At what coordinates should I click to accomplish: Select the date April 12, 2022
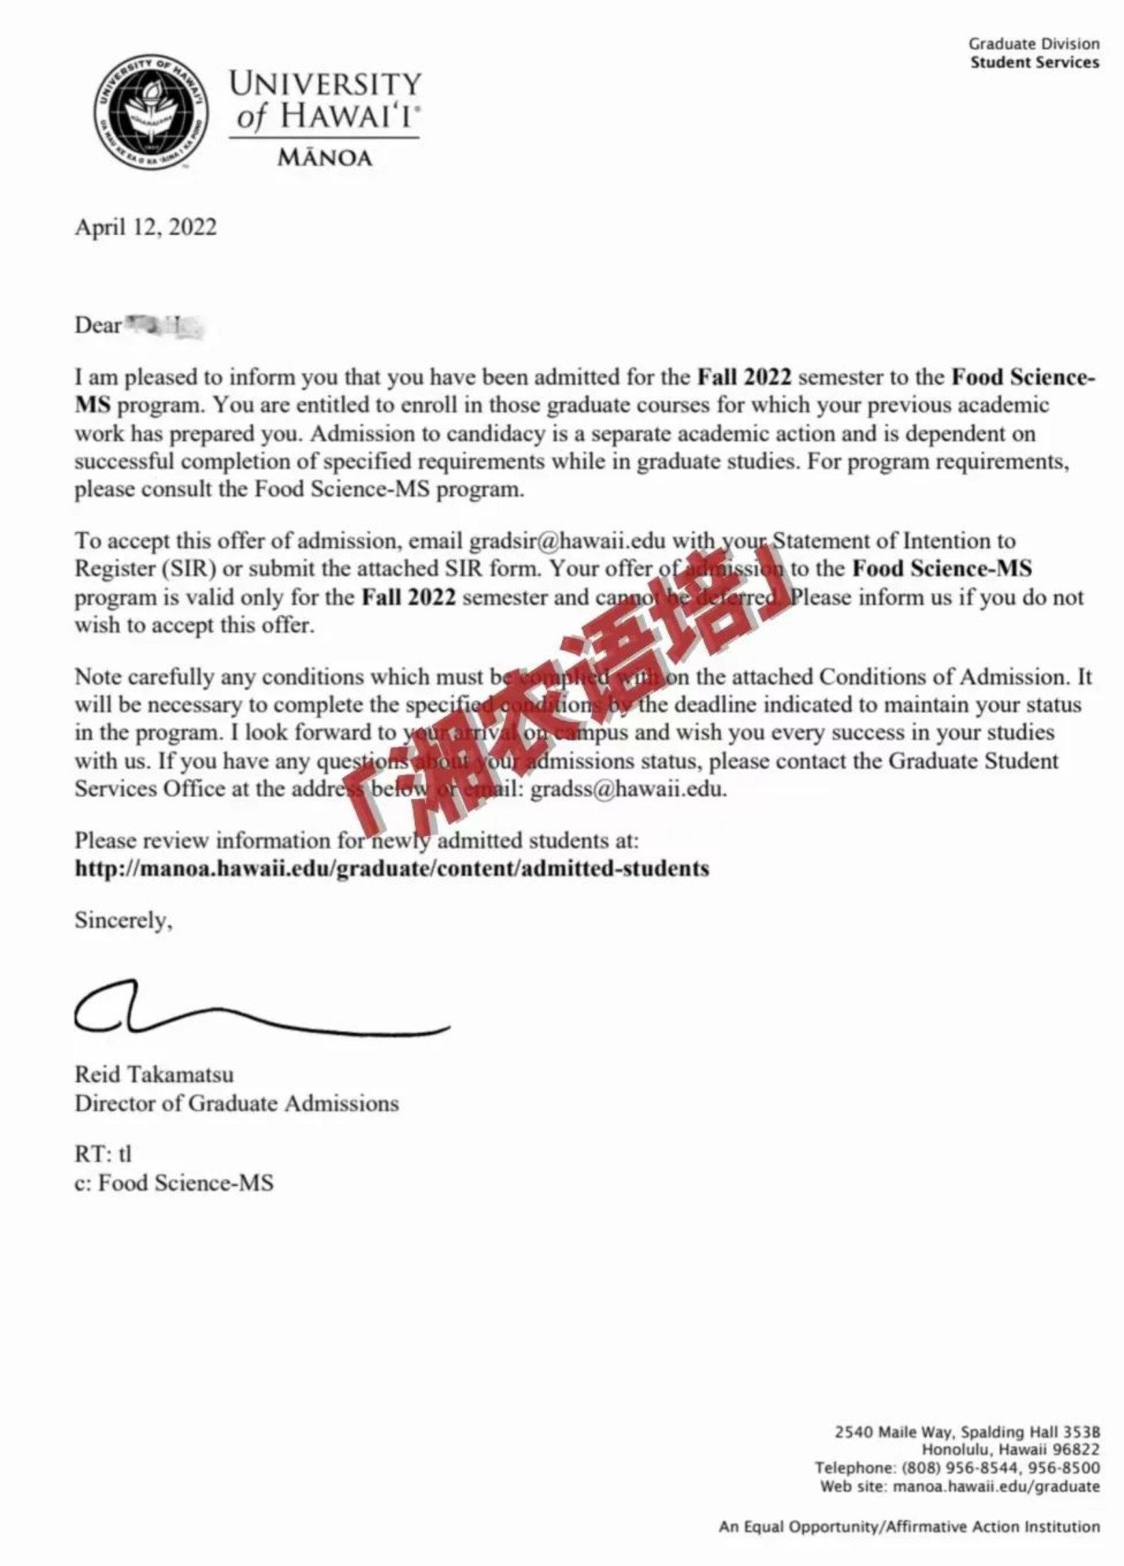click(x=145, y=227)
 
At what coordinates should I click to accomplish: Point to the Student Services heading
click(x=1033, y=63)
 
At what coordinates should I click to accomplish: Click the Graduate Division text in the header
click(x=1033, y=44)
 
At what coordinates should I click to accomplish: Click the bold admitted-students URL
click(x=392, y=868)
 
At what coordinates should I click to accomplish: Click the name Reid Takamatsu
click(x=154, y=1075)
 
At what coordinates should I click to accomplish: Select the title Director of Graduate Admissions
click(x=237, y=1103)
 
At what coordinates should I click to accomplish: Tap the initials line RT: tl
click(x=103, y=1154)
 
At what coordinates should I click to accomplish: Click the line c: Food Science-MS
click(x=173, y=1183)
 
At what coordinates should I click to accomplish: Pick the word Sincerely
click(x=123, y=921)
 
